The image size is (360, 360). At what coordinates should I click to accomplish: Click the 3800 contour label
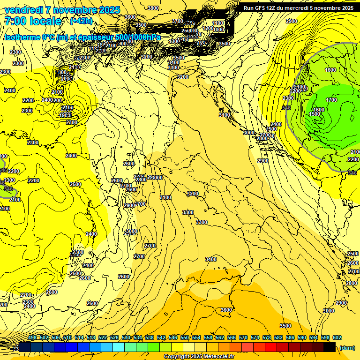(153, 8)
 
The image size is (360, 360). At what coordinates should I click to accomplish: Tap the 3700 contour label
(178, 21)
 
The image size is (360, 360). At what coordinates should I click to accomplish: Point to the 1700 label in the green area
(331, 100)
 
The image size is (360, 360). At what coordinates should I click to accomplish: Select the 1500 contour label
(315, 114)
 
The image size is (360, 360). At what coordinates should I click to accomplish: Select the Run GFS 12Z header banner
(299, 8)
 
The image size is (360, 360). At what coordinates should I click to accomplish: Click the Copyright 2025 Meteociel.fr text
(199, 357)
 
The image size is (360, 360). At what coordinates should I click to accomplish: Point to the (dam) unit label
(347, 347)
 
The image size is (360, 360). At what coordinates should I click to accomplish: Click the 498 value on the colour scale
(32, 338)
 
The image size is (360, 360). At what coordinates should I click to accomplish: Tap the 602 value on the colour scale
(337, 338)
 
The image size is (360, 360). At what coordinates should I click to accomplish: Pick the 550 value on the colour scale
(185, 338)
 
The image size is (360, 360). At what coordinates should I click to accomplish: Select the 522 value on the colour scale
(103, 338)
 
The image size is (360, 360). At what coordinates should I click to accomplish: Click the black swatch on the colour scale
(330, 347)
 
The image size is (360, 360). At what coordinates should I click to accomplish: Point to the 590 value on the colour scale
(302, 338)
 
